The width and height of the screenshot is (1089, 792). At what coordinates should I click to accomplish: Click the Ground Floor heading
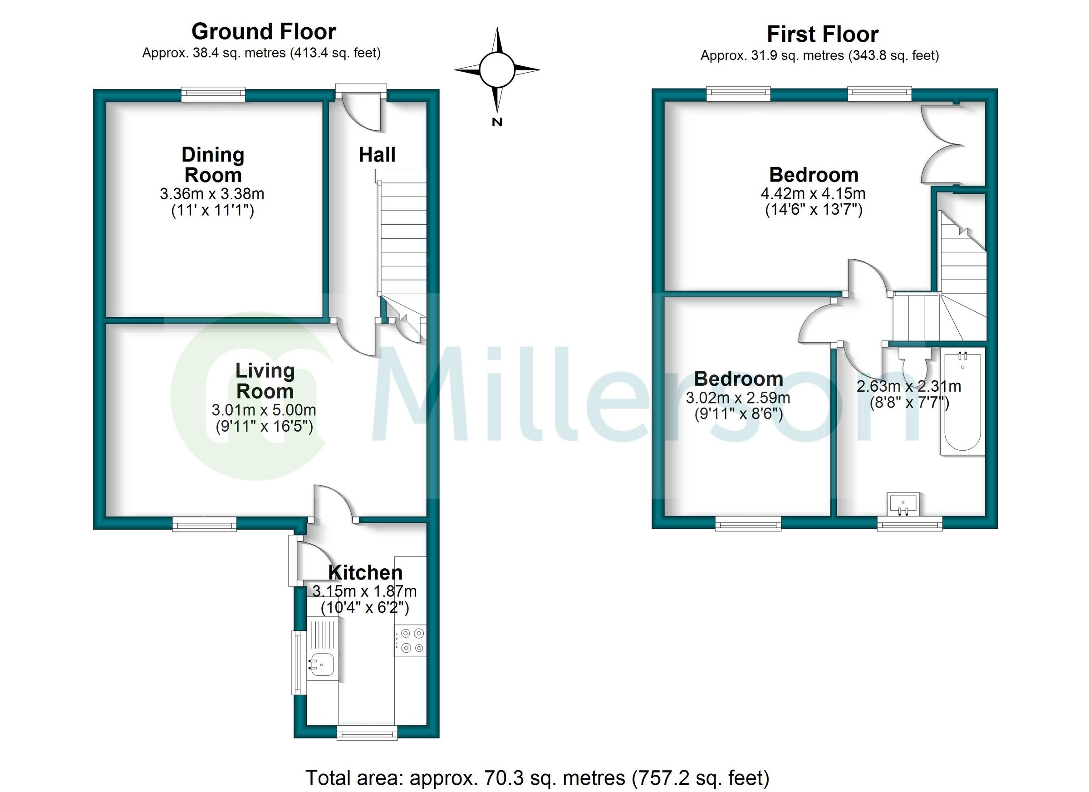(x=264, y=32)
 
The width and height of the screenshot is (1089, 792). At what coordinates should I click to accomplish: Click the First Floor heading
(x=823, y=34)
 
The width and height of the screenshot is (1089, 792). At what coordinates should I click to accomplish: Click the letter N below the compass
(x=497, y=122)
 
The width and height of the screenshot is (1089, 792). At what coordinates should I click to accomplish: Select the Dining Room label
(x=213, y=165)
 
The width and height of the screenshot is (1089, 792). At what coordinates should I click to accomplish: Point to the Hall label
(x=377, y=155)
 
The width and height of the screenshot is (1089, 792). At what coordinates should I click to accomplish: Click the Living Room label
(x=265, y=381)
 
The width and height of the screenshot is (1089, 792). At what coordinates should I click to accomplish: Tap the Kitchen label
(x=365, y=572)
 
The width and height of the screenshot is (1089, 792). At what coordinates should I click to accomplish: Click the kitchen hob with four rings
(x=410, y=640)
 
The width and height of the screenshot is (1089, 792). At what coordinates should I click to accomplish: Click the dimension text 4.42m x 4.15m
(x=813, y=193)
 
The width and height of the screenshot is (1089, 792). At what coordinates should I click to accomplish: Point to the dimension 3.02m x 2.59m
(x=737, y=398)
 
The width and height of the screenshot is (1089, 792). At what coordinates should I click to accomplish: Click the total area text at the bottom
(x=537, y=777)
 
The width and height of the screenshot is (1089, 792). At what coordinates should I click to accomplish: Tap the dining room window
(x=213, y=94)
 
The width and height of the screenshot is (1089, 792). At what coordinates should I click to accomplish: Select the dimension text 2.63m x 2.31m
(x=908, y=386)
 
